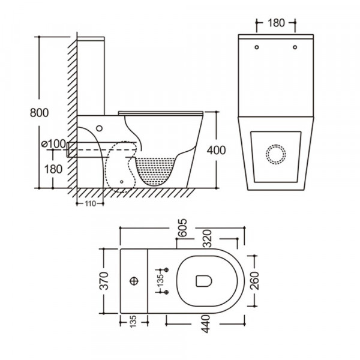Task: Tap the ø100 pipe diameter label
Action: tap(53, 144)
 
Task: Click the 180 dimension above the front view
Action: tap(275, 23)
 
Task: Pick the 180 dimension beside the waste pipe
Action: tap(53, 169)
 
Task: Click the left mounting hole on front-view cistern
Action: tap(257, 47)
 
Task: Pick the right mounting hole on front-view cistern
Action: tap(295, 47)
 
